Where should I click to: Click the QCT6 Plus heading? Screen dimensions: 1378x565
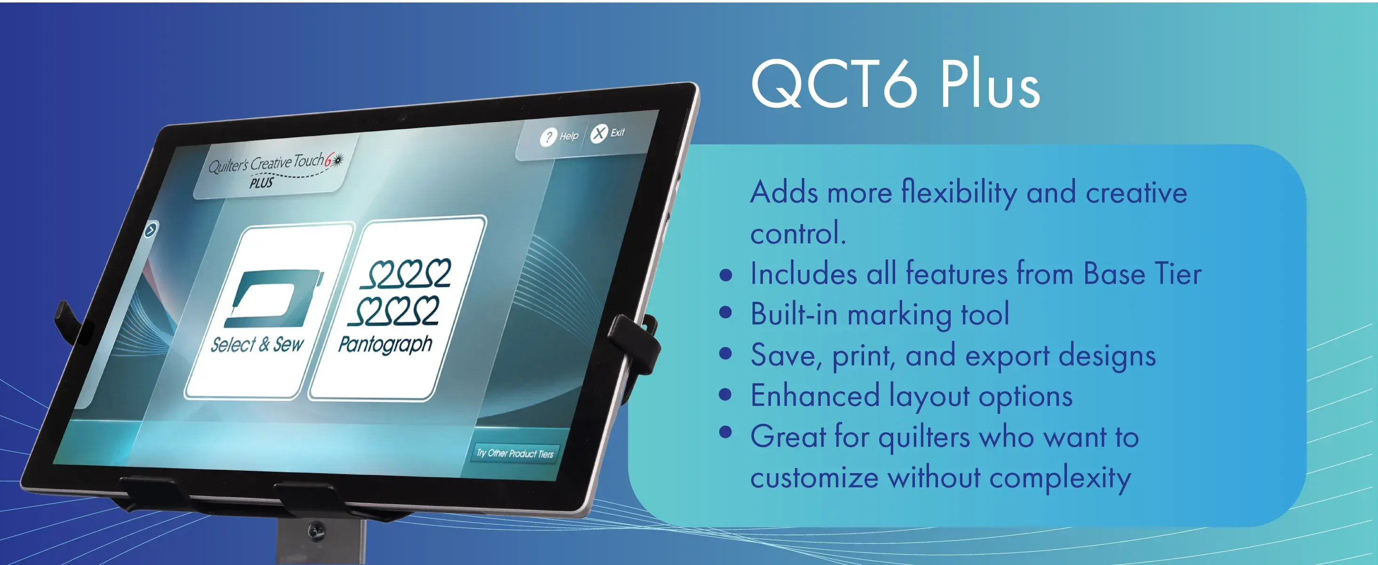896,84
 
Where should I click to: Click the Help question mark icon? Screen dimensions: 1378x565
548,137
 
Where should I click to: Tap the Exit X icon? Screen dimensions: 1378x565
599,133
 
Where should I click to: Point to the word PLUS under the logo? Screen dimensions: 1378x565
262,183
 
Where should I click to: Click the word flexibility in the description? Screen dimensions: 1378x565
959,192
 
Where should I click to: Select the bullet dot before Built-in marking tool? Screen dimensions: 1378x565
726,313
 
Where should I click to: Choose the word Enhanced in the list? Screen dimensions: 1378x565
815,396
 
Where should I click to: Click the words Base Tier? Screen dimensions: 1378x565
1143,274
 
